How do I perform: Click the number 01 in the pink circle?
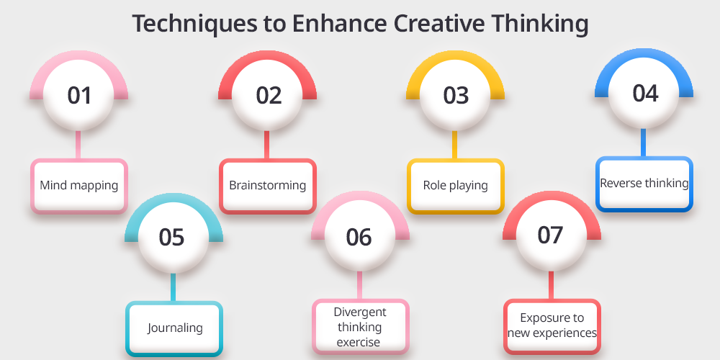tap(79, 95)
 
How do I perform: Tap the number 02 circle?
tap(267, 95)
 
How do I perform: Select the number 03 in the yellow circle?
tap(456, 95)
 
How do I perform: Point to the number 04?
tap(644, 93)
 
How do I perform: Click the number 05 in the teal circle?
tap(171, 238)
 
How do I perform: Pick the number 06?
tap(359, 238)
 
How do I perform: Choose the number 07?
tap(550, 235)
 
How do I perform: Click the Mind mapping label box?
tap(79, 186)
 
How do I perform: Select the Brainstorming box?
tap(268, 186)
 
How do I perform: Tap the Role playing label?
tap(456, 186)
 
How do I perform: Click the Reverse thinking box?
tap(644, 184)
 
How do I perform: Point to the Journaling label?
tap(175, 328)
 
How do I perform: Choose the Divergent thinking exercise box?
tap(361, 326)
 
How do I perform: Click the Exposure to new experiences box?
tap(552, 326)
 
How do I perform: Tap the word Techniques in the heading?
tap(195, 24)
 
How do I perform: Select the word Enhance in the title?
tap(340, 23)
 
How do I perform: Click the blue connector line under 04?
tap(643, 143)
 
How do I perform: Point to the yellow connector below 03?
tap(454, 145)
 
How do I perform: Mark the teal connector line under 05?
tap(173, 287)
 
